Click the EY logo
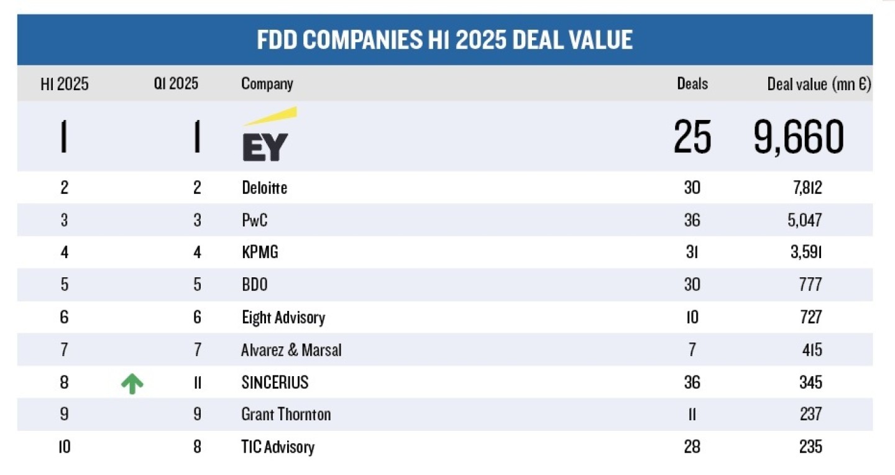pyautogui.click(x=268, y=135)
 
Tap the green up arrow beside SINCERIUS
pyautogui.click(x=132, y=384)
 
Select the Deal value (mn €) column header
pyautogui.click(x=819, y=84)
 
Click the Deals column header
pyautogui.click(x=692, y=84)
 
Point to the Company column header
pyautogui.click(x=267, y=84)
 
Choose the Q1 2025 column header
pyautogui.click(x=177, y=84)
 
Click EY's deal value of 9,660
pyautogui.click(x=799, y=137)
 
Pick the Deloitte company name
pyautogui.click(x=265, y=188)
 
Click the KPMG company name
pyautogui.click(x=260, y=252)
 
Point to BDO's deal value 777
pyautogui.click(x=810, y=285)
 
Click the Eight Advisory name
pyautogui.click(x=283, y=318)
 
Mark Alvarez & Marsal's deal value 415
pyautogui.click(x=811, y=350)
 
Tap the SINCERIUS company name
pyautogui.click(x=275, y=382)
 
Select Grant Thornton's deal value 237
pyautogui.click(x=810, y=415)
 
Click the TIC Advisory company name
pyautogui.click(x=278, y=447)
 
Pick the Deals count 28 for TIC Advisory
pyautogui.click(x=692, y=447)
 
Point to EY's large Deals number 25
pyautogui.click(x=692, y=137)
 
